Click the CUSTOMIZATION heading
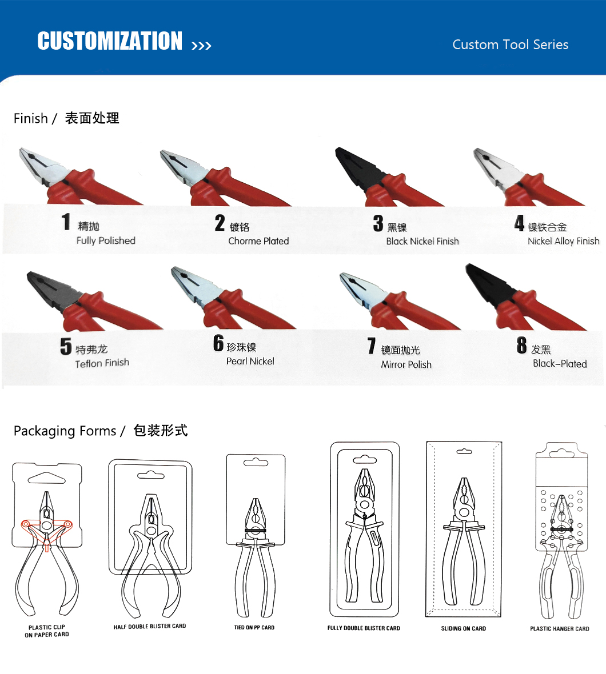coord(110,41)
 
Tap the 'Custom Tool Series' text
coord(510,45)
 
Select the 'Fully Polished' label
coord(106,240)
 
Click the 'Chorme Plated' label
coord(258,241)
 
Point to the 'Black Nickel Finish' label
coord(422,241)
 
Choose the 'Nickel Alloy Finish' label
coord(564,241)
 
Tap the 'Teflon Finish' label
coord(102,363)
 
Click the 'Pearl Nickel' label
coord(250,361)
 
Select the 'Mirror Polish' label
coord(406,364)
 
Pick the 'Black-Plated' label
coord(560,364)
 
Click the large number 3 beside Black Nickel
coord(378,223)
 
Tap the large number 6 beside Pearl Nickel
coord(218,343)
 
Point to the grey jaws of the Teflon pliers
coord(51,289)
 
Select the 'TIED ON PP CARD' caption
coord(254,628)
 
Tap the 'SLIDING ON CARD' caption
coord(463,628)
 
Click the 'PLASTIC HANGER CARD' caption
coord(560,629)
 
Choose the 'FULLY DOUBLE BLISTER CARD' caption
coord(364,628)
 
